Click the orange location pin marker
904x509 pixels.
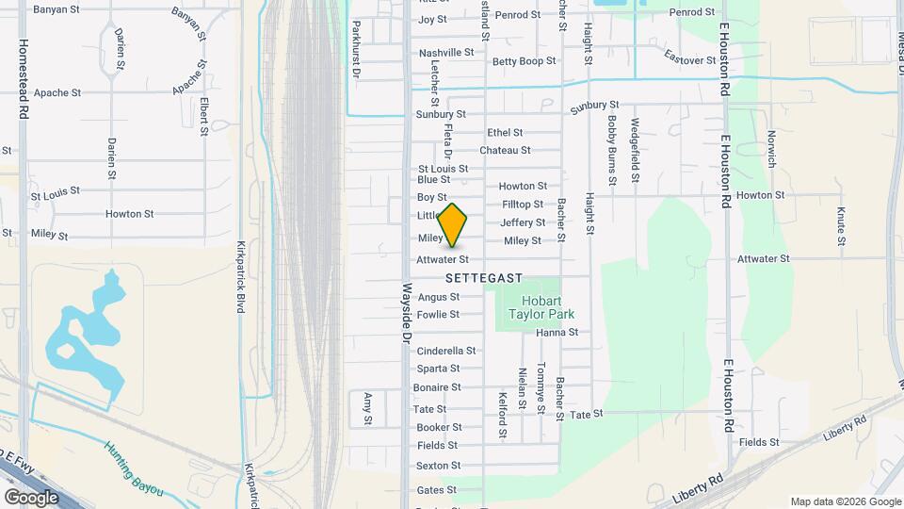(453, 225)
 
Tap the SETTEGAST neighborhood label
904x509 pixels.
(483, 278)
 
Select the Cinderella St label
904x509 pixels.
(446, 351)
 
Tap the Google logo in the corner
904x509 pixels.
(31, 497)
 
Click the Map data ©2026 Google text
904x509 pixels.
(845, 501)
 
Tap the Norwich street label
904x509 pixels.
(771, 149)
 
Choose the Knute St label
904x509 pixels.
(841, 226)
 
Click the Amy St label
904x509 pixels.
(368, 407)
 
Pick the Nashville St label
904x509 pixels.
(446, 53)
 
